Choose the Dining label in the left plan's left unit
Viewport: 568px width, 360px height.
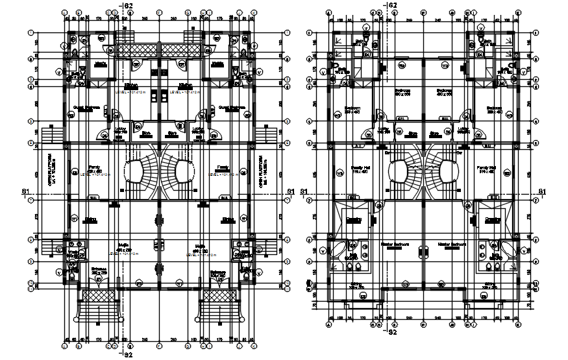[90, 219]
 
